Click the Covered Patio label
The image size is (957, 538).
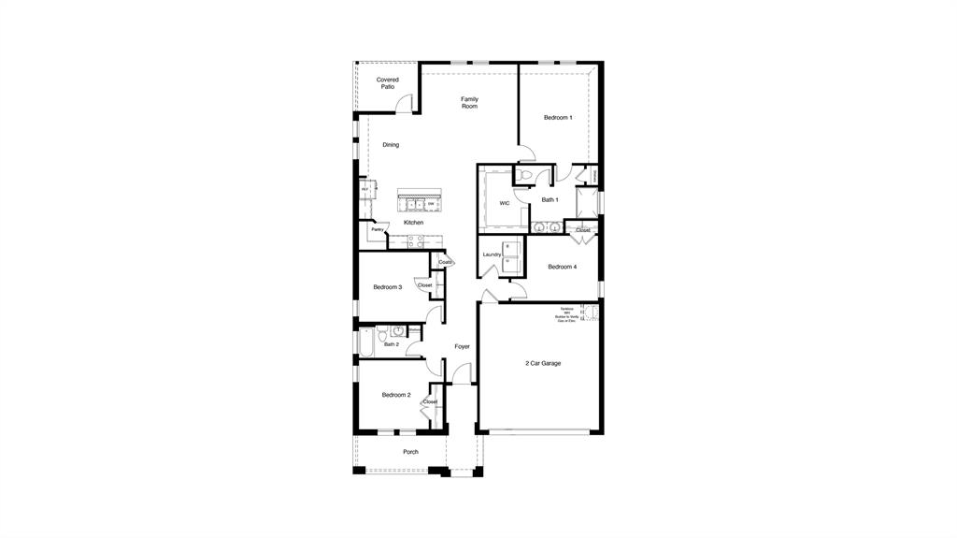click(x=387, y=83)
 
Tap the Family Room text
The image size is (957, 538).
click(x=469, y=102)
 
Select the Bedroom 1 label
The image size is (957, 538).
click(x=558, y=118)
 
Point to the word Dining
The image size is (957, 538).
click(x=391, y=145)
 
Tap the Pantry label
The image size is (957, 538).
click(x=378, y=229)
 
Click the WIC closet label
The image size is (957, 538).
click(x=505, y=203)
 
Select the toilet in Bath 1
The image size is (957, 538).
click(x=525, y=175)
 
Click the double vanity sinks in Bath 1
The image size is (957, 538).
click(x=546, y=226)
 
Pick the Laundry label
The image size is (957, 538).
click(x=493, y=254)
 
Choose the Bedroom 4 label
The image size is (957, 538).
click(x=562, y=268)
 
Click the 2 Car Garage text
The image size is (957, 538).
click(x=542, y=363)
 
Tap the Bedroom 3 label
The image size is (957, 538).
click(x=387, y=287)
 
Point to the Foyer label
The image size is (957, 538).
click(x=462, y=347)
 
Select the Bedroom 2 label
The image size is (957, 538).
click(x=395, y=395)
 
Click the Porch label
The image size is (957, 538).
click(x=410, y=452)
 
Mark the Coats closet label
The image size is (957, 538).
click(x=445, y=262)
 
